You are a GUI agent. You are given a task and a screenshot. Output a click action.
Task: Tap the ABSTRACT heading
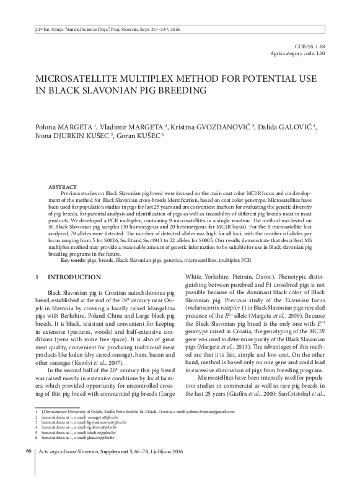point(63,186)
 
